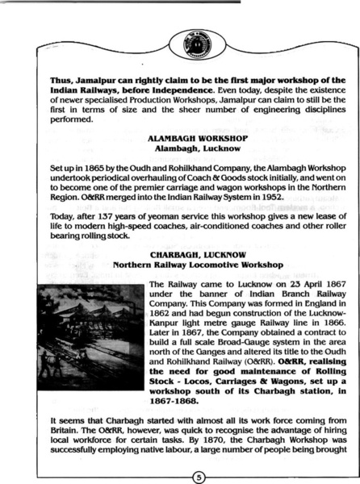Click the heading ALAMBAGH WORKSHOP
tap(184, 139)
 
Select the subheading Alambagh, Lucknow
tap(184, 149)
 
